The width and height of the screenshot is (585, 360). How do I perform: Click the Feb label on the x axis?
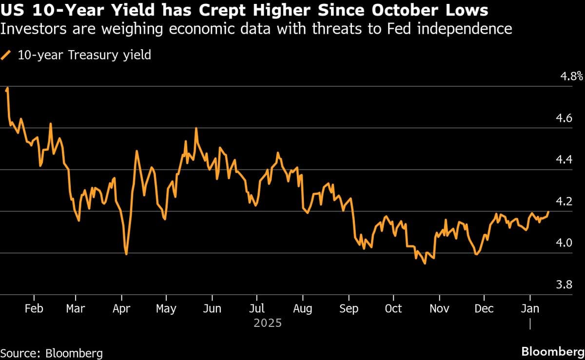click(x=34, y=309)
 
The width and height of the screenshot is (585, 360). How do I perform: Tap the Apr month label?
click(x=121, y=309)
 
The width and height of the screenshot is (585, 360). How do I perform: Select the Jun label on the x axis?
click(x=212, y=309)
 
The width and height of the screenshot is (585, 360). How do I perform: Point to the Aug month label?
click(x=303, y=309)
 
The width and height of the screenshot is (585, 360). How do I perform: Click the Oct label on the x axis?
click(x=393, y=309)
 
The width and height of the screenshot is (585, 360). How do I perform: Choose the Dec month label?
click(x=484, y=309)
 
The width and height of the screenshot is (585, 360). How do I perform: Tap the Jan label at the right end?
click(x=530, y=309)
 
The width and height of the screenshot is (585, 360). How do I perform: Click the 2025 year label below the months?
click(x=267, y=323)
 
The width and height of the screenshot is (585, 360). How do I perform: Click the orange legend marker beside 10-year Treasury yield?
click(x=7, y=55)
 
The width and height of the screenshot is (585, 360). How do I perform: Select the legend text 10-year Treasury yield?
click(x=84, y=55)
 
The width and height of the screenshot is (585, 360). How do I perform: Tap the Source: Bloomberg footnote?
click(x=51, y=353)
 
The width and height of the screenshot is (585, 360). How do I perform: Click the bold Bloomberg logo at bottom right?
click(x=552, y=352)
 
